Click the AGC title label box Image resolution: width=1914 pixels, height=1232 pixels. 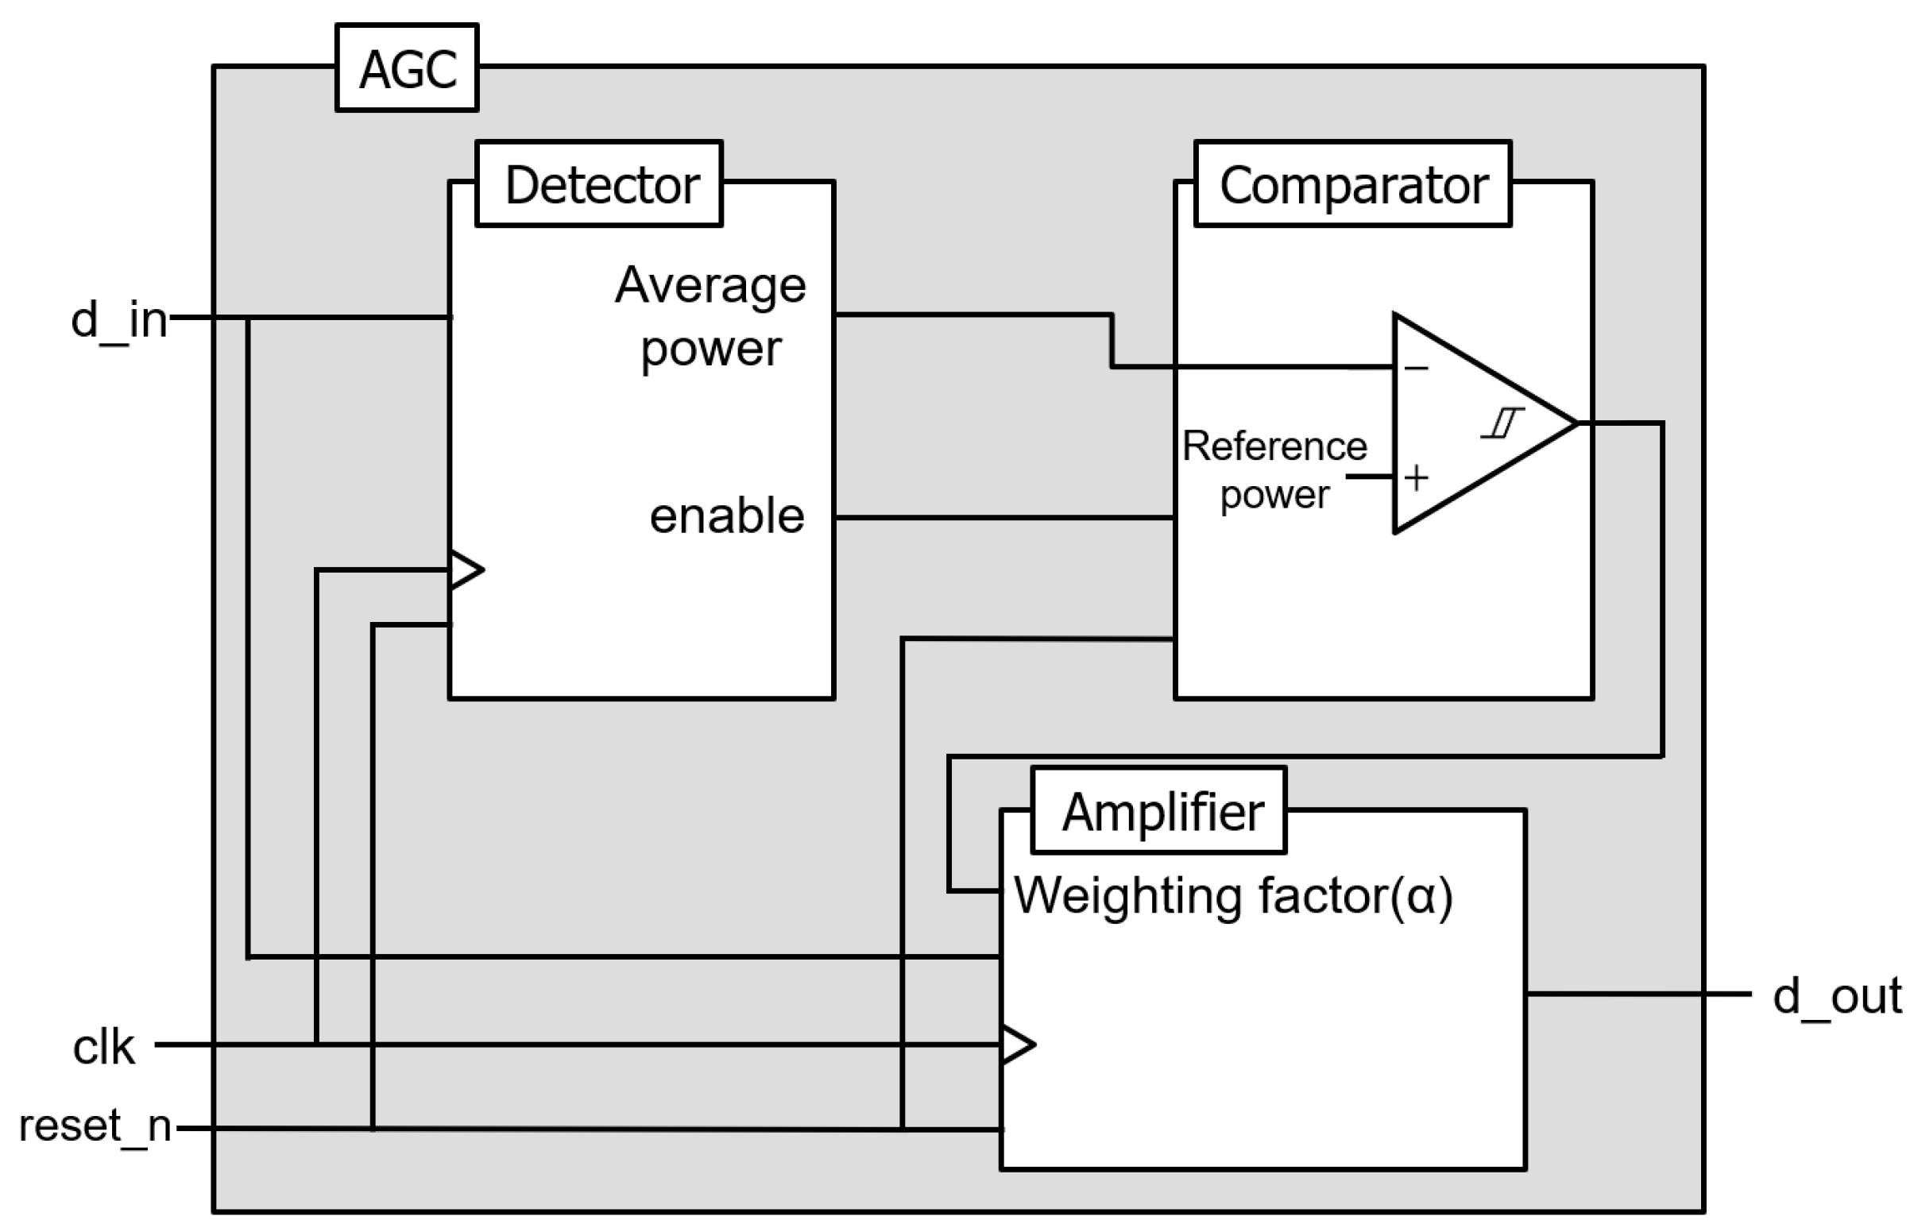(x=407, y=68)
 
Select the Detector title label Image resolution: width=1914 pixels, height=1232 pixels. (x=599, y=184)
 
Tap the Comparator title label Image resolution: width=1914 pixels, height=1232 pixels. (x=1352, y=184)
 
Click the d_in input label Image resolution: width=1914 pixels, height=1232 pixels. (x=119, y=320)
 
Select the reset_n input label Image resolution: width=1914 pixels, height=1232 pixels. (x=95, y=1126)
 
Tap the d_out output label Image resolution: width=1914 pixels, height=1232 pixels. (x=1837, y=996)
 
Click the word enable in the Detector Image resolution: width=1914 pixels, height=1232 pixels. (x=726, y=516)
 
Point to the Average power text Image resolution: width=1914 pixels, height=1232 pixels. (x=710, y=316)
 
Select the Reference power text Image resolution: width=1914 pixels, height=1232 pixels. (x=1274, y=469)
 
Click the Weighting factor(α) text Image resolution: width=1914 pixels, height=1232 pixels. (x=1233, y=896)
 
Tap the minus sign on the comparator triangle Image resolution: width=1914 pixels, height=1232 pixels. (x=1417, y=368)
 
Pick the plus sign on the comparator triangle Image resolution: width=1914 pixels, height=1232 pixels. (x=1417, y=477)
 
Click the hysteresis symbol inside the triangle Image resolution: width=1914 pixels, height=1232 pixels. (x=1502, y=423)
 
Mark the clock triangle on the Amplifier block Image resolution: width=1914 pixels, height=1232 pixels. (x=1017, y=1045)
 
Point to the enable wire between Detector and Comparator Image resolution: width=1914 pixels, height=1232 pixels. (x=1004, y=518)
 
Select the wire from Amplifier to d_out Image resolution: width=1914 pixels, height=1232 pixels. (x=1637, y=994)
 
